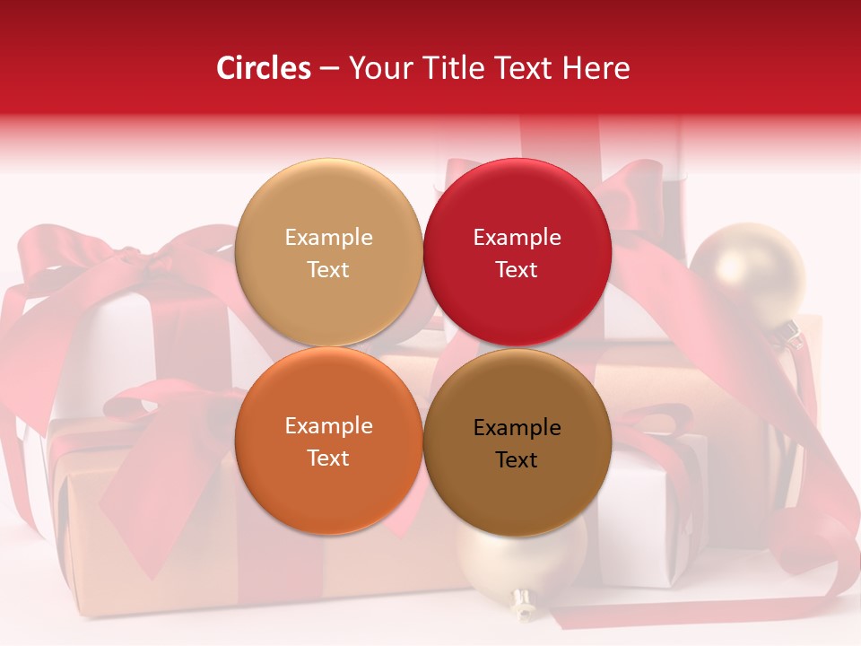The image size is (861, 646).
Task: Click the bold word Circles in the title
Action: pos(263,68)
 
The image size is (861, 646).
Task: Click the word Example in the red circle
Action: pos(517,238)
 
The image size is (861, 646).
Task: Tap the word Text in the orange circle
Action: pos(328,458)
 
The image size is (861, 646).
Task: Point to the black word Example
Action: pos(517,428)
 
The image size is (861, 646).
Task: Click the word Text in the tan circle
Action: pos(328,269)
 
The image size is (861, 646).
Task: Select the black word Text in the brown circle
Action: pos(517,459)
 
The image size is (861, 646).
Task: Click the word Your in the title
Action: pos(379,68)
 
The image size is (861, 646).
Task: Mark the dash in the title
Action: pos(329,68)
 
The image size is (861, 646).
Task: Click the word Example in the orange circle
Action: pos(328,426)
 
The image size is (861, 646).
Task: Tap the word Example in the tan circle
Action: pos(328,238)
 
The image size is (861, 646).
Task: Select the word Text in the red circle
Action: pos(517,269)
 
